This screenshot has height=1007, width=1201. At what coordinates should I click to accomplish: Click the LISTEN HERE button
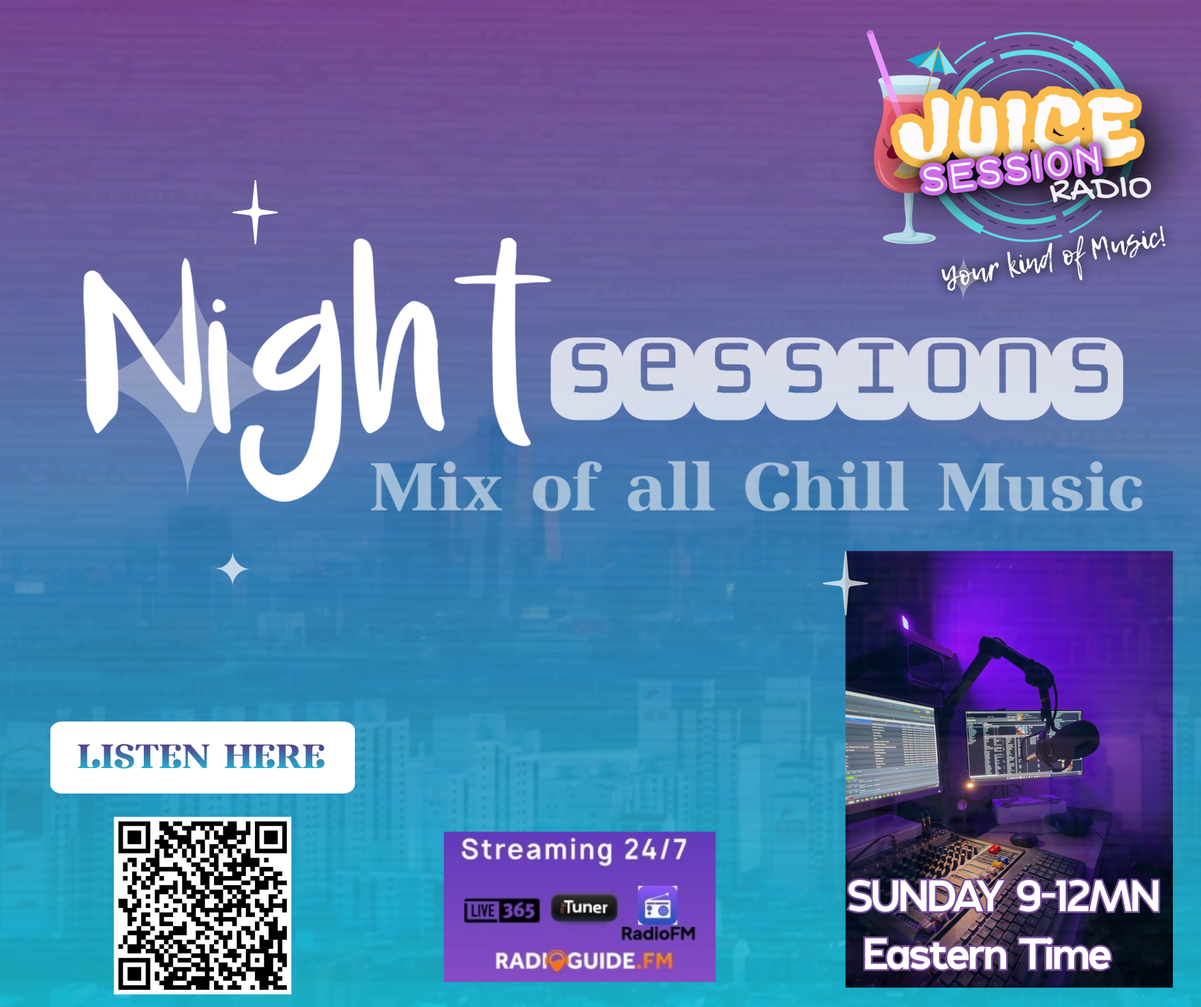click(x=203, y=757)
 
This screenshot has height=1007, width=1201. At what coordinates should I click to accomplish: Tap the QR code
click(x=203, y=905)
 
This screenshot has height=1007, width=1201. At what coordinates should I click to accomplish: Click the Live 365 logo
click(x=501, y=911)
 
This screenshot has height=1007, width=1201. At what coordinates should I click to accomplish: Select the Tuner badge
click(x=584, y=907)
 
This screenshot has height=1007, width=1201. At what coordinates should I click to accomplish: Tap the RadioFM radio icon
click(x=657, y=905)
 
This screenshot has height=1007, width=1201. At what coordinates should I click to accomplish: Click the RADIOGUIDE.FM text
click(x=584, y=961)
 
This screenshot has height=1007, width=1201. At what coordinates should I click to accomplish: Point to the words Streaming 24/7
click(x=574, y=850)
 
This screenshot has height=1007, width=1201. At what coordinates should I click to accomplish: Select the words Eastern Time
click(x=987, y=955)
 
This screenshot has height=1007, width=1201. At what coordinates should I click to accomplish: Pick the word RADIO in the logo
click(x=1101, y=188)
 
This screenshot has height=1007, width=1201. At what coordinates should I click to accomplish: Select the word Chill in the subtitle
click(x=825, y=487)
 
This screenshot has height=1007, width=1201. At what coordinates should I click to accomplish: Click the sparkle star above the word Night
click(x=256, y=212)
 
